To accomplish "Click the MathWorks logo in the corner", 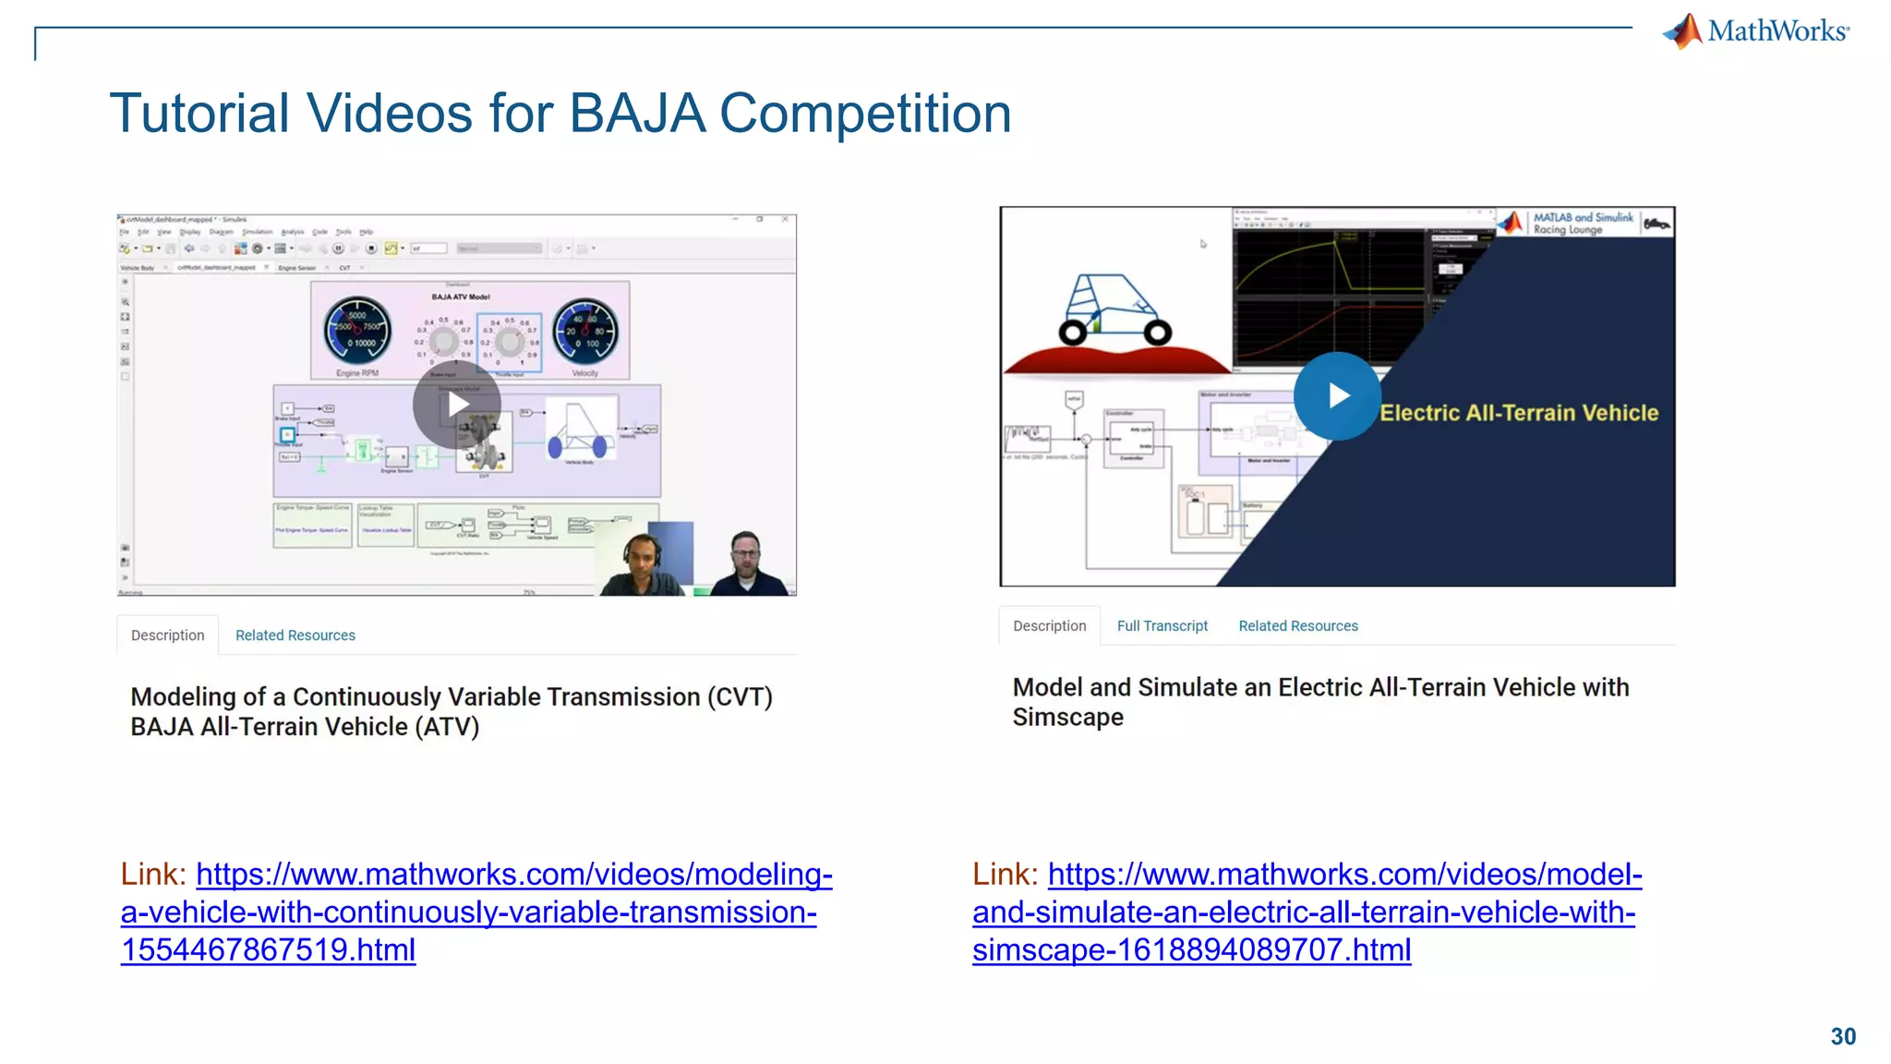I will [1756, 31].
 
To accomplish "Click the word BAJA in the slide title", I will [636, 114].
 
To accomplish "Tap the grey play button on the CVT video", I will [457, 405].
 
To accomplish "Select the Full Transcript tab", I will [1162, 626].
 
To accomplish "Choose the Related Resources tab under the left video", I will [295, 635].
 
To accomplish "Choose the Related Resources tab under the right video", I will [1297, 626].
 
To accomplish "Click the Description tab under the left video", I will [167, 635].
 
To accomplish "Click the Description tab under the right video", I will [1049, 626].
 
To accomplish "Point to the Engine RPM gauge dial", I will [357, 331].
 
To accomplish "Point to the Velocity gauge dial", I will [584, 331].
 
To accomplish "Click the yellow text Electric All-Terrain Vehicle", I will [1519, 413].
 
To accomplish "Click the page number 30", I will [1842, 1036].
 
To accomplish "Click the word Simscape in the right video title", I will [1067, 718].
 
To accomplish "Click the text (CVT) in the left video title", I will [740, 697].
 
